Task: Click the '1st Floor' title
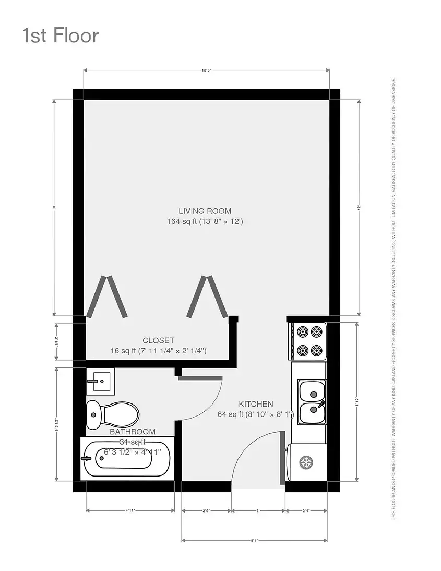[x=60, y=35]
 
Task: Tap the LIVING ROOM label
[x=205, y=211]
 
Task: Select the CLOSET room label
[x=158, y=340]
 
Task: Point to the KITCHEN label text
[x=256, y=403]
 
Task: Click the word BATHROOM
[x=132, y=432]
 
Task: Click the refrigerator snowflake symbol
[x=305, y=462]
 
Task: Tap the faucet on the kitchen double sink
[x=320, y=404]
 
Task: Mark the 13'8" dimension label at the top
[x=207, y=70]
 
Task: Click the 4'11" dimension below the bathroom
[x=130, y=510]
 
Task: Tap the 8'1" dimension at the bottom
[x=254, y=540]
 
